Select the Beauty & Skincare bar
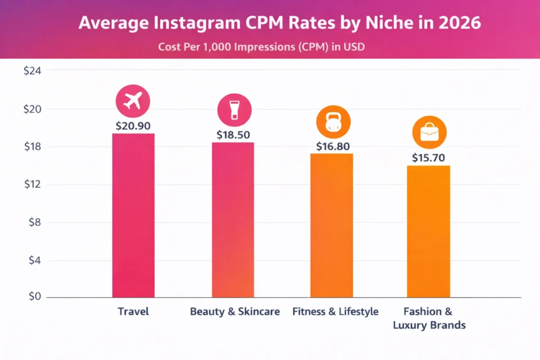(x=233, y=220)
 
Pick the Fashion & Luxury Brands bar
(x=428, y=231)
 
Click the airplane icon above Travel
(x=133, y=100)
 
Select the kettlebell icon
(x=333, y=122)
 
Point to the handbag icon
(x=429, y=132)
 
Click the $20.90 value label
(x=133, y=126)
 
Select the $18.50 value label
(x=233, y=135)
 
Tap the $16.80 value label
(x=333, y=147)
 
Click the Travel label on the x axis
(x=133, y=312)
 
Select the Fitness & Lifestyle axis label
(x=335, y=312)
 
